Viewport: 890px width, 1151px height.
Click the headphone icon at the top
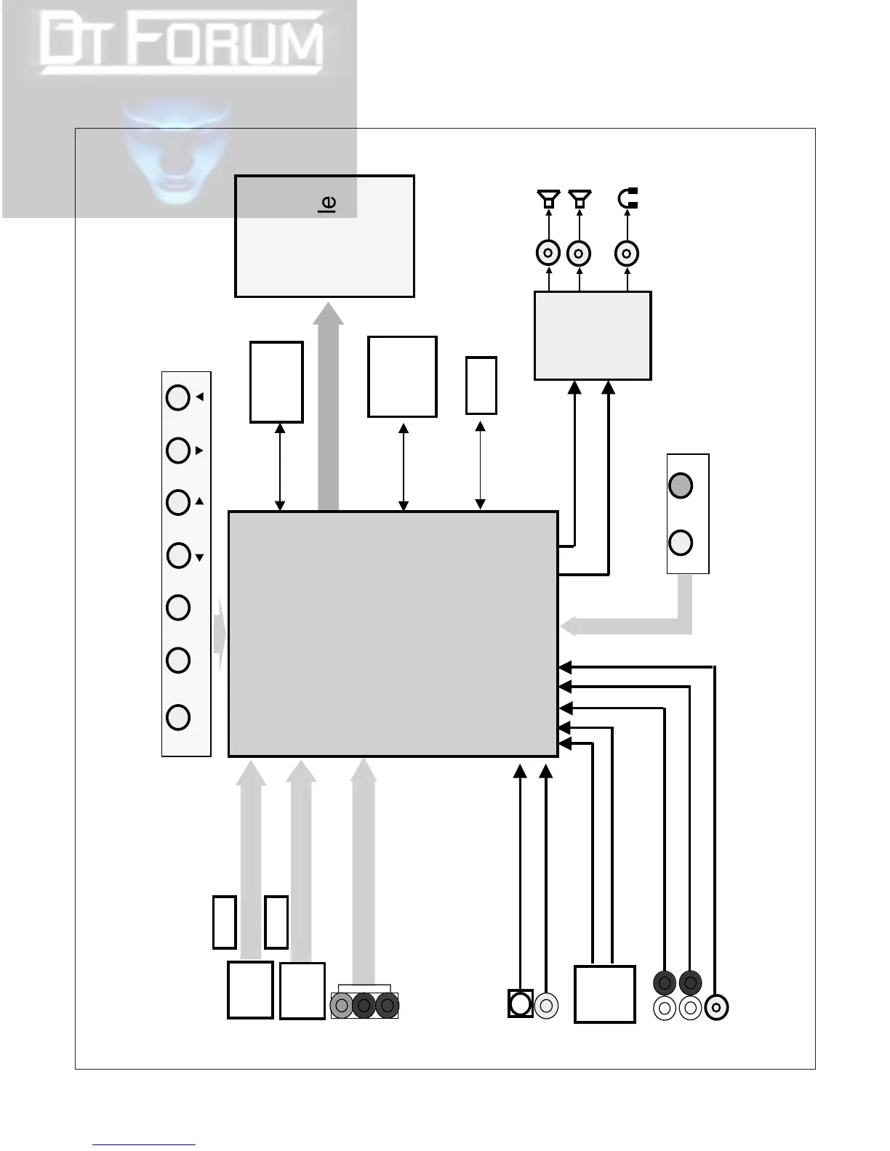(628, 198)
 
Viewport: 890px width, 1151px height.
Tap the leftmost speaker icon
(548, 198)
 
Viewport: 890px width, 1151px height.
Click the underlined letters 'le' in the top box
(327, 203)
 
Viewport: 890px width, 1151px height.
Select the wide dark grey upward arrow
(329, 407)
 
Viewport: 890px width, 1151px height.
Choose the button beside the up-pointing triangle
(178, 502)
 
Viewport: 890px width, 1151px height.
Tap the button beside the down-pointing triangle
(178, 556)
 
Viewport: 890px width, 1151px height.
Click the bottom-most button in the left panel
(178, 717)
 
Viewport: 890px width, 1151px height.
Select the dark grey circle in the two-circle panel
(681, 485)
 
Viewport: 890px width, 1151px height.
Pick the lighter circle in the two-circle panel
(681, 543)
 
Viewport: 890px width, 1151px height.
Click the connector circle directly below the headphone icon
(627, 254)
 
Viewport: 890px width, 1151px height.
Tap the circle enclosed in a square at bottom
(521, 1003)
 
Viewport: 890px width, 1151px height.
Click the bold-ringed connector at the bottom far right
(717, 1007)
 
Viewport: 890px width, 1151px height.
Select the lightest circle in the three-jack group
(341, 1006)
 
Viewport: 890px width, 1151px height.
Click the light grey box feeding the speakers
(593, 336)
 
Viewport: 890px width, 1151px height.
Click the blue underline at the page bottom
(144, 1145)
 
